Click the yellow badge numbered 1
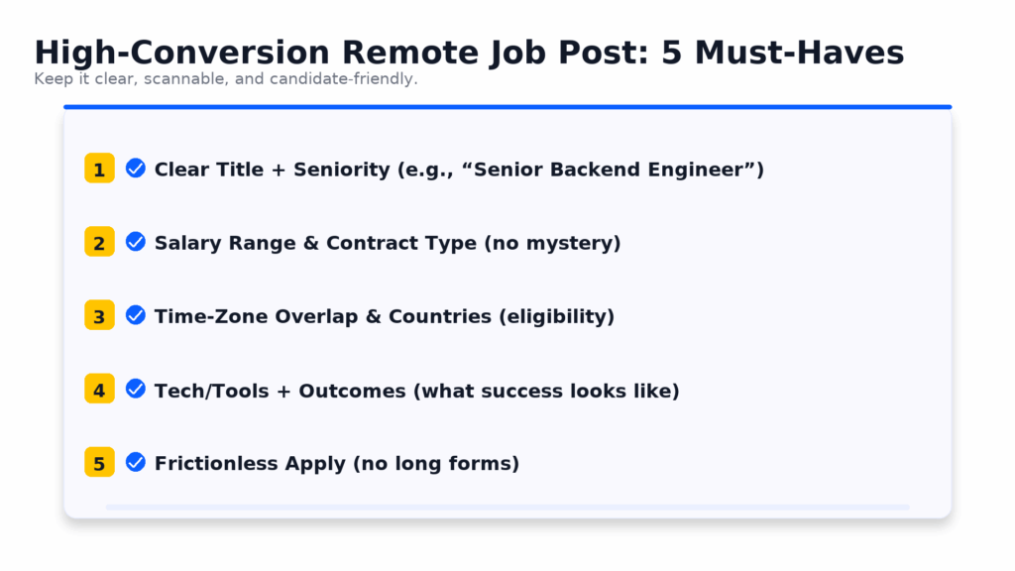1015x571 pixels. [x=100, y=169]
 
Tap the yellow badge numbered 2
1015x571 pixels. [x=100, y=242]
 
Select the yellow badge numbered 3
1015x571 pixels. [x=100, y=315]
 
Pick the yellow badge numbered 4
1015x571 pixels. [x=100, y=389]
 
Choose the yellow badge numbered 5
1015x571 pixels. [x=100, y=462]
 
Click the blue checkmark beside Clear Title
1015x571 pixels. [x=135, y=169]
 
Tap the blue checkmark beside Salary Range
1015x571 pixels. [x=135, y=242]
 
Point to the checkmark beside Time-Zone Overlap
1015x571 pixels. [x=135, y=315]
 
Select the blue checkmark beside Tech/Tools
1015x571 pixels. [x=135, y=389]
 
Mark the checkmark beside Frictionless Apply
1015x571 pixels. [x=135, y=462]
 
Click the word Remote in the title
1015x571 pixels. [x=410, y=53]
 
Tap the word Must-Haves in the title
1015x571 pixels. [x=800, y=53]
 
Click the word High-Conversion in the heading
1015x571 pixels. [x=182, y=53]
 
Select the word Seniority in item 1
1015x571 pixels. [x=342, y=170]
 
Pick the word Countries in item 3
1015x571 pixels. [x=440, y=316]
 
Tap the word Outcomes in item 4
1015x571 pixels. [x=352, y=391]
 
